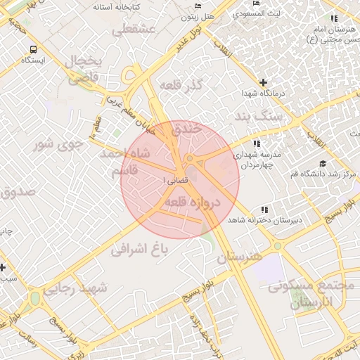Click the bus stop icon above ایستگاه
click(33, 50)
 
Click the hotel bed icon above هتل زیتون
click(198, 6)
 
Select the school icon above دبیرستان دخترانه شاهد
click(264, 210)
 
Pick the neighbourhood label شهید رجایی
click(75, 289)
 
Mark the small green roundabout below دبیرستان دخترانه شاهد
click(277, 246)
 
